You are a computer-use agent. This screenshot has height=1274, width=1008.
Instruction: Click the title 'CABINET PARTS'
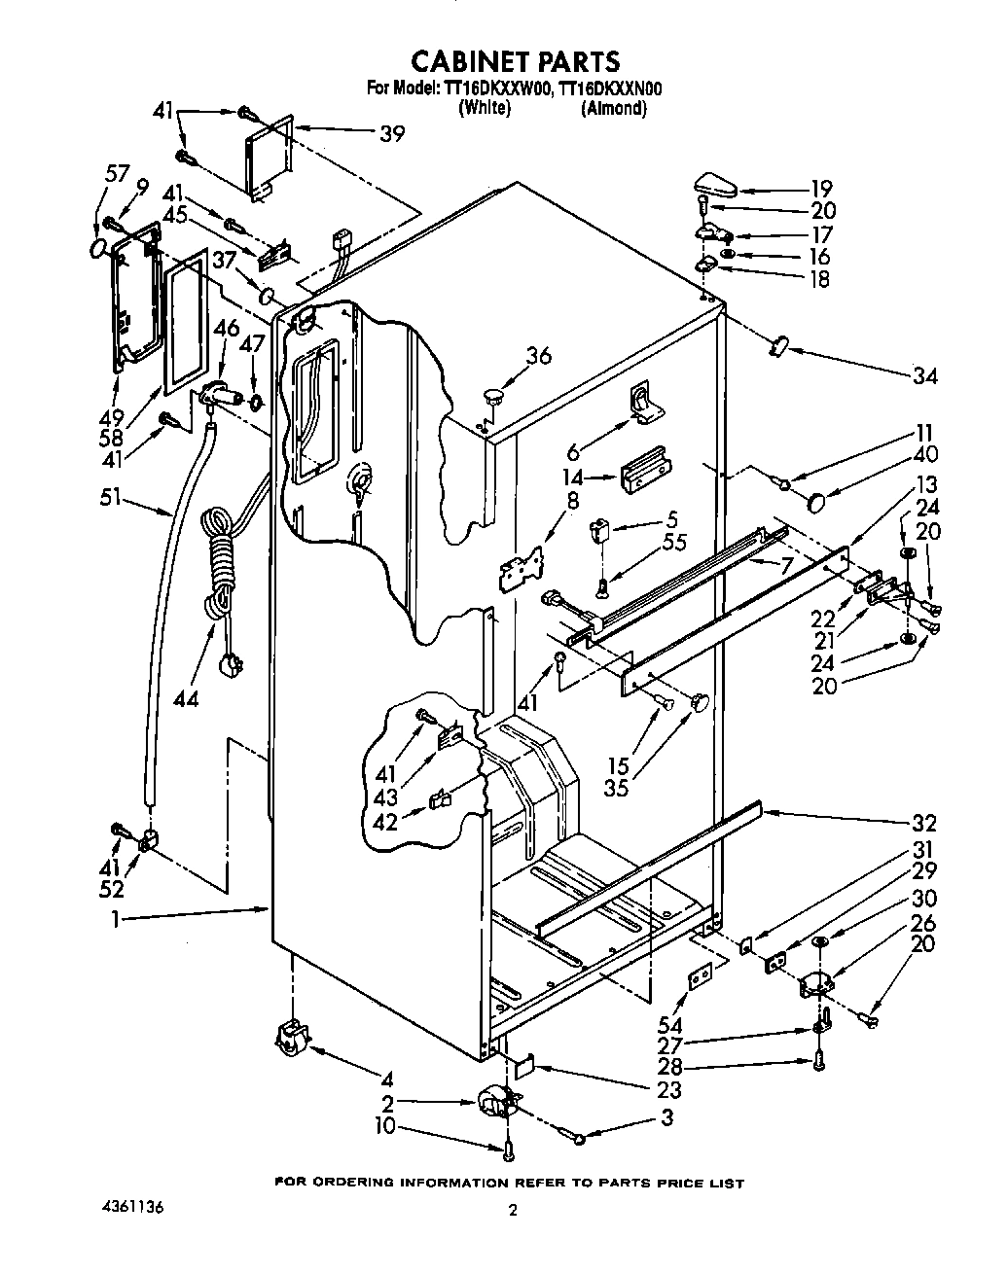tap(515, 61)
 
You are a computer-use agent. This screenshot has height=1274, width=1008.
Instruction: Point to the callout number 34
tap(925, 374)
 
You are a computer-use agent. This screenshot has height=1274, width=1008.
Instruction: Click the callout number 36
tap(537, 356)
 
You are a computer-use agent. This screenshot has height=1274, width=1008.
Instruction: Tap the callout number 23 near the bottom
tap(668, 1090)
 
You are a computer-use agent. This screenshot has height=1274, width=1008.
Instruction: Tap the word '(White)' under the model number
tap(484, 109)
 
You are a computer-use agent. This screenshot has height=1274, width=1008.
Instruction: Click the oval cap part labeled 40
tap(815, 501)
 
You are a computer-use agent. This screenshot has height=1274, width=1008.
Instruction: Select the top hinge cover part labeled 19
tap(717, 183)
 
